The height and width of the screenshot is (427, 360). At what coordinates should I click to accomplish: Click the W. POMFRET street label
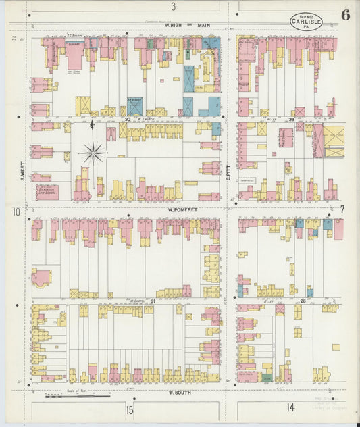[x=182, y=210]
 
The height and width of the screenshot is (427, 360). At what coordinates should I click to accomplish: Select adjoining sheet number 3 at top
[x=173, y=7]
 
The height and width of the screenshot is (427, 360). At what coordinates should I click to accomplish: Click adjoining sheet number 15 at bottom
[x=129, y=409]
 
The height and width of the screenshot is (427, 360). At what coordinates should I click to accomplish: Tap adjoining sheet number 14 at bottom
[x=290, y=407]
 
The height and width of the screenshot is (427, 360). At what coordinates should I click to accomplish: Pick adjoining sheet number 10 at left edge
[x=15, y=211]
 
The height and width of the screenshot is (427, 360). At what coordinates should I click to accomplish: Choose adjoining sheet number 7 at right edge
[x=342, y=210]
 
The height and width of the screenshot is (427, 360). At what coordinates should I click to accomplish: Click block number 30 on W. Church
[x=127, y=119]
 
